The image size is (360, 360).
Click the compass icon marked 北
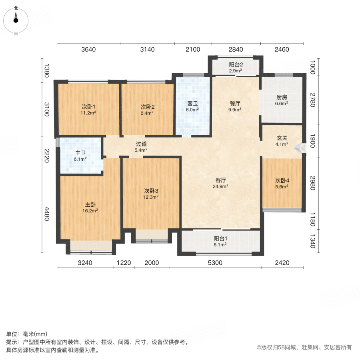16,18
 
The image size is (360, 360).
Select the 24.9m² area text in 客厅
220,186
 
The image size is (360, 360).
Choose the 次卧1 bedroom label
88,107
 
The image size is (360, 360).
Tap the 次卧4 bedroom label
282,180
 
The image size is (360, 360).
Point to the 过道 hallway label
141,144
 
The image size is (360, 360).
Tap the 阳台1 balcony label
220,239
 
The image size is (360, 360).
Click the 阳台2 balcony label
236,64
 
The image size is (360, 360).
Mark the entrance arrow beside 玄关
299,148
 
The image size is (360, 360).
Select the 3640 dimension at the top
88,50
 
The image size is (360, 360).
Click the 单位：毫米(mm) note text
27,334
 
